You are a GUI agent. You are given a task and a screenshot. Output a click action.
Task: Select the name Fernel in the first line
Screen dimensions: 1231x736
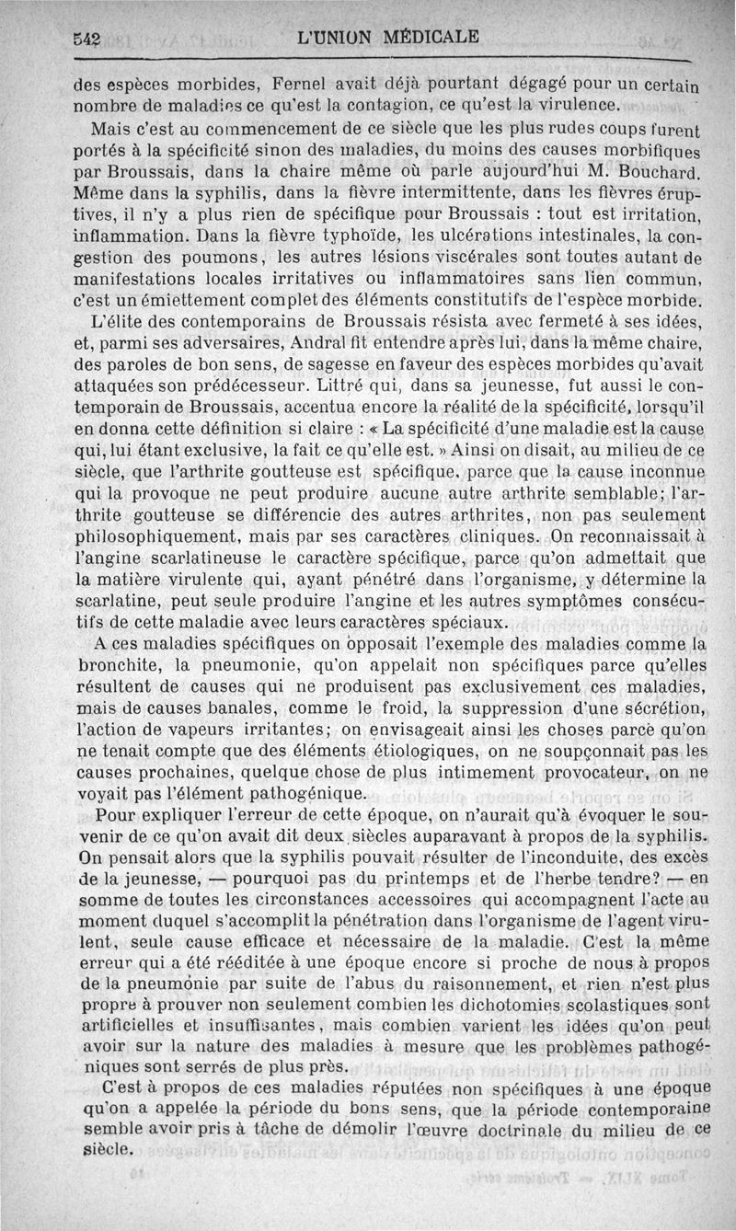[273, 80]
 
